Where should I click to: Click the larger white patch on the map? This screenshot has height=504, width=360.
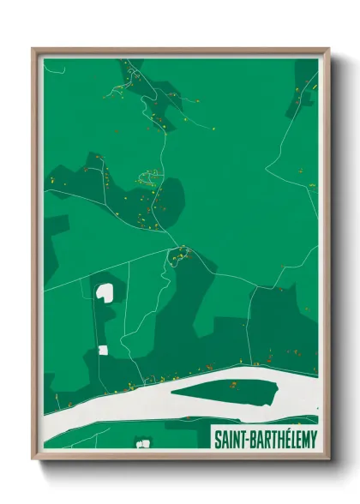[105, 292]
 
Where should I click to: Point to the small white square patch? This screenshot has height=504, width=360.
[103, 350]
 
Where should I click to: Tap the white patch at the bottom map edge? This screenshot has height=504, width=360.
[142, 443]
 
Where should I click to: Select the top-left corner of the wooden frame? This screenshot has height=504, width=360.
[33, 50]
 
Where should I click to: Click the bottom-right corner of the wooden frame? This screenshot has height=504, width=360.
[327, 459]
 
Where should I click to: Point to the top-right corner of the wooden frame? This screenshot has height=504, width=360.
[327, 50]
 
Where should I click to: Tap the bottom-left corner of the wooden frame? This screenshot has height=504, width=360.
[33, 459]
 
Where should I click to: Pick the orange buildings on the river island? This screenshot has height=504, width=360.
[232, 387]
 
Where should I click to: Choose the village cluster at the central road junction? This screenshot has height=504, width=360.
[179, 254]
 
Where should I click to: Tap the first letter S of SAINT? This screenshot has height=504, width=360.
[215, 439]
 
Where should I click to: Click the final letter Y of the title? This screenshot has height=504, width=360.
[313, 439]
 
